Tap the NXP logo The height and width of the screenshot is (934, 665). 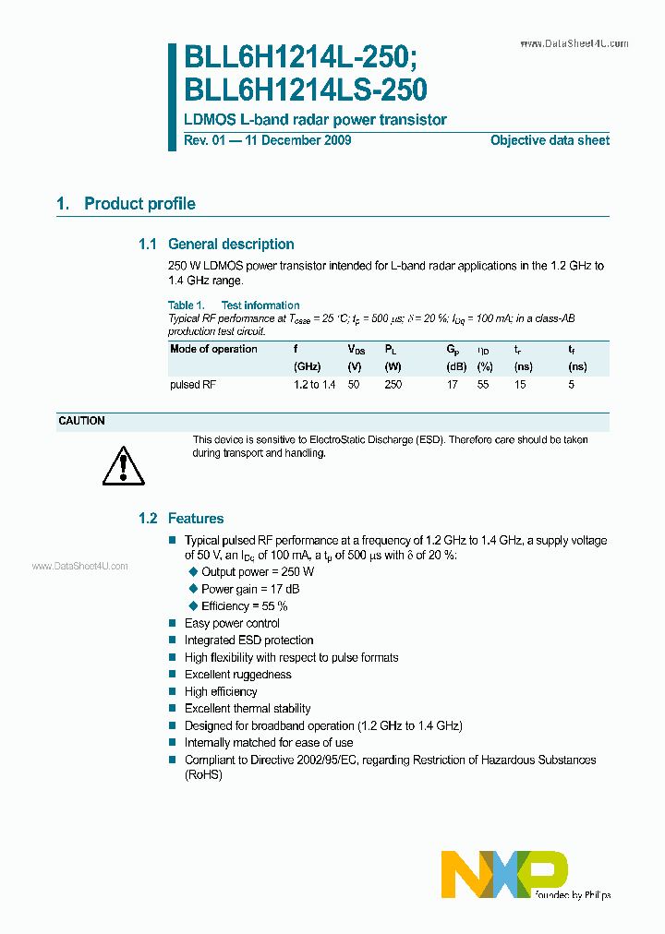click(x=503, y=873)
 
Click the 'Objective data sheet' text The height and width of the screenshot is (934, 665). click(x=550, y=140)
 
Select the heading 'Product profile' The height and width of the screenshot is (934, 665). click(x=139, y=204)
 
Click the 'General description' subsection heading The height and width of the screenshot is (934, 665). click(x=231, y=245)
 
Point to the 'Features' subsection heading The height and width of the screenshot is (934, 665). click(x=195, y=519)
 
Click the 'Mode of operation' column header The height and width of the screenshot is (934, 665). click(x=213, y=349)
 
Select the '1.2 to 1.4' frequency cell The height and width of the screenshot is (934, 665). click(x=314, y=384)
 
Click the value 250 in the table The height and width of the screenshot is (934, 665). click(x=393, y=384)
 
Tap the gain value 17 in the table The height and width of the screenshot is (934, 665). click(x=452, y=384)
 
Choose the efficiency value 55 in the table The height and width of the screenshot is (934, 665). click(x=482, y=384)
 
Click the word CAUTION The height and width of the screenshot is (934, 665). click(x=81, y=421)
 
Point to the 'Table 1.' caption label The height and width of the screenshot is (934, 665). click(x=187, y=305)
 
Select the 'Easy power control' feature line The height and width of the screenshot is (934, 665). click(x=232, y=623)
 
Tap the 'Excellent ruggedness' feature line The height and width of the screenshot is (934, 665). click(x=237, y=675)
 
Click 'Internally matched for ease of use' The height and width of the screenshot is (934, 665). click(x=268, y=742)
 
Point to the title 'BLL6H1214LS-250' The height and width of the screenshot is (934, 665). click(x=306, y=90)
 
